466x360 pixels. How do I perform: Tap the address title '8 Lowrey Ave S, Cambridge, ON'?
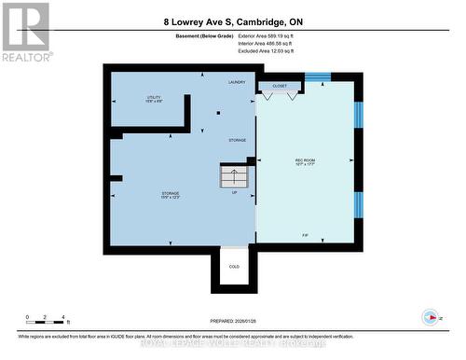pyautogui.click(x=232, y=21)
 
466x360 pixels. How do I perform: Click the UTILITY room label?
pyautogui.click(x=154, y=98)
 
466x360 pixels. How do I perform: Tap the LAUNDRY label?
pyautogui.click(x=237, y=83)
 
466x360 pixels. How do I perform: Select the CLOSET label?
pyautogui.click(x=280, y=86)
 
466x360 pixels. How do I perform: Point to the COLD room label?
pyautogui.click(x=234, y=267)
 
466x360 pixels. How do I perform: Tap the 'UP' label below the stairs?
pyautogui.click(x=234, y=193)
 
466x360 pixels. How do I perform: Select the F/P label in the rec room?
pyautogui.click(x=306, y=234)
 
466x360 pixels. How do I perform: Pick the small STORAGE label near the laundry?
pyautogui.click(x=238, y=141)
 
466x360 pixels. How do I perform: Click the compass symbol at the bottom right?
pyautogui.click(x=430, y=316)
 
